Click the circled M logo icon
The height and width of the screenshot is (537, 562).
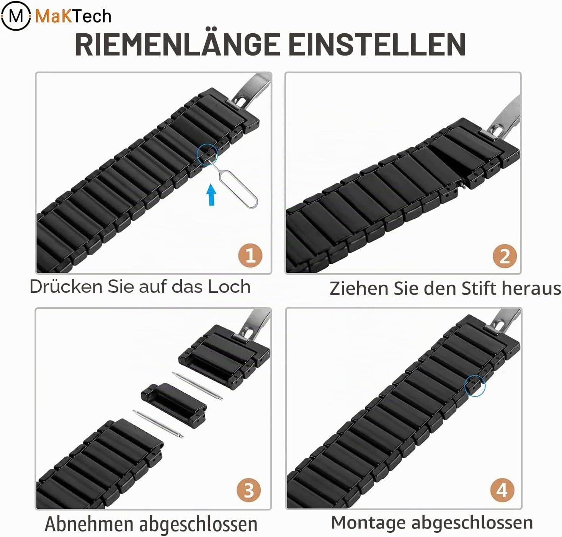pyautogui.click(x=16, y=16)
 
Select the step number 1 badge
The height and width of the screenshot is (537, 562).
pyautogui.click(x=250, y=255)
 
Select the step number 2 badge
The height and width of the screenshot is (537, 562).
pyautogui.click(x=505, y=256)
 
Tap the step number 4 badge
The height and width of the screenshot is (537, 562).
pyautogui.click(x=503, y=490)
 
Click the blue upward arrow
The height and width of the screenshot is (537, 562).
pyautogui.click(x=211, y=194)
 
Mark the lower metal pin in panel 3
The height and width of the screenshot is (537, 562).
pyautogui.click(x=158, y=424)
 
